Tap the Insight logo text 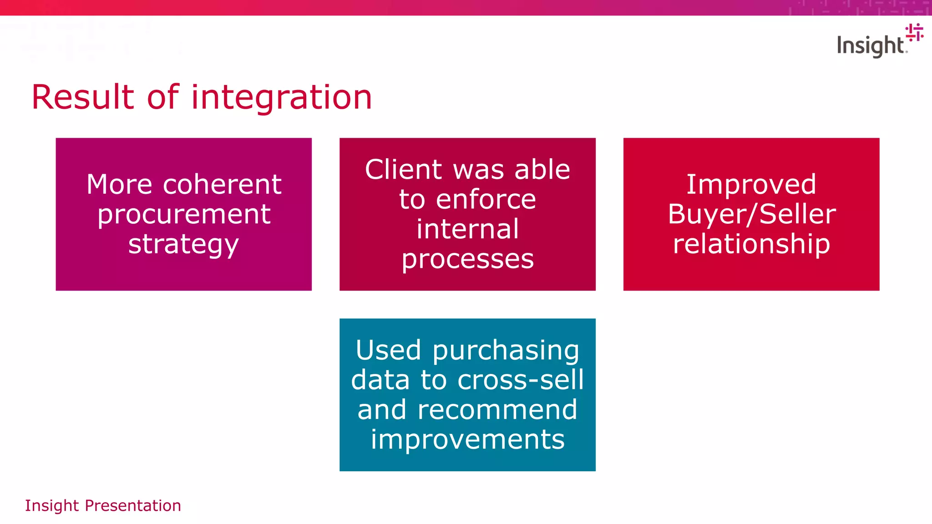(870, 46)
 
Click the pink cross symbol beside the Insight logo (914, 32)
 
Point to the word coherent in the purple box (222, 185)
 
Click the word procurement (184, 215)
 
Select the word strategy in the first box (183, 245)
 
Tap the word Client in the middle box (403, 170)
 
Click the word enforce (486, 200)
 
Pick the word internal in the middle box (467, 229)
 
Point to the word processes (467, 260)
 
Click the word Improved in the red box (751, 185)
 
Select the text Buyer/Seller (751, 214)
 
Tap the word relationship (751, 244)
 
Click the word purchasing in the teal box (506, 351)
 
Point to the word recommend (497, 409)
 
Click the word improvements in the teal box (467, 440)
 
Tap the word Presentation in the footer (133, 506)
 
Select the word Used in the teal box (388, 350)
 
